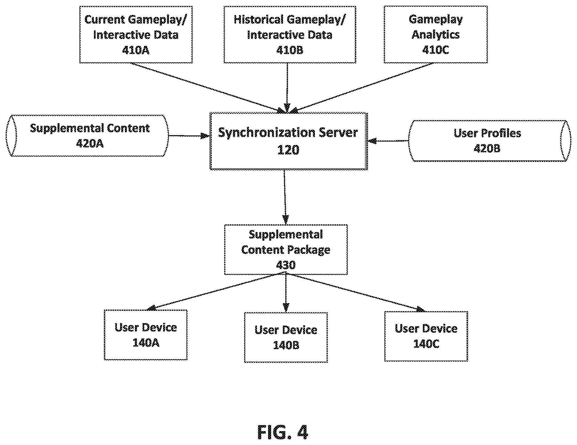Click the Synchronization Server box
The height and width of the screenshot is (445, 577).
[289, 141]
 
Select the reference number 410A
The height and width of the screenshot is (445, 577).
[136, 50]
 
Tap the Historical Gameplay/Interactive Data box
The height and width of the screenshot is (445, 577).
[290, 34]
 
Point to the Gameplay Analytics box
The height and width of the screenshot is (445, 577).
[436, 34]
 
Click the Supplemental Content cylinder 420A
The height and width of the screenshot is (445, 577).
[87, 136]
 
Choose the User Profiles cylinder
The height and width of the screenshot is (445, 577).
[488, 141]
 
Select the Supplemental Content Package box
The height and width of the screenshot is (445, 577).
[286, 250]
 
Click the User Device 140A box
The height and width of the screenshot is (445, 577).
[146, 335]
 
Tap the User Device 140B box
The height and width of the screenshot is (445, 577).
[286, 337]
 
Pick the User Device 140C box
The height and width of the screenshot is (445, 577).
[426, 336]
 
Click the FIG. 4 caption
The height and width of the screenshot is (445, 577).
[282, 432]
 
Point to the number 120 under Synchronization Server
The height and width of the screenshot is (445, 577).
[288, 150]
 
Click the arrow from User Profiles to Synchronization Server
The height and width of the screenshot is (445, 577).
[388, 141]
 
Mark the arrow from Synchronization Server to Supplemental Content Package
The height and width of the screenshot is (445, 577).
[285, 197]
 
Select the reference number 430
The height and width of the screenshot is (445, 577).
[286, 265]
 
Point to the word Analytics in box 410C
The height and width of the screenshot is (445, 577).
[436, 34]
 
